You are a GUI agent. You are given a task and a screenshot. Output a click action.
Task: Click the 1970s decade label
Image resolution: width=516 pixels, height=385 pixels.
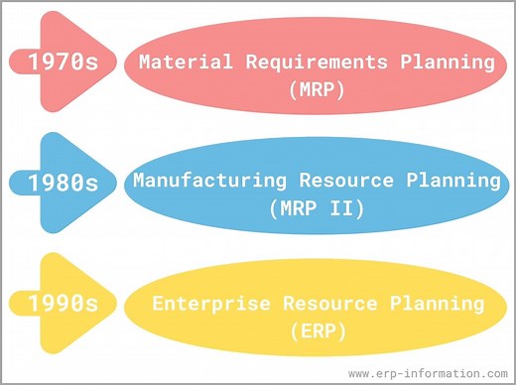pos(63,62)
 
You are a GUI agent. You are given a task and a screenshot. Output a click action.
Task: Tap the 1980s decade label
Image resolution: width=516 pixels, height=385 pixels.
pos(63,183)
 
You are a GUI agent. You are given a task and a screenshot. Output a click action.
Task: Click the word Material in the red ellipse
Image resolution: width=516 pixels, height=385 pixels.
pos(176,62)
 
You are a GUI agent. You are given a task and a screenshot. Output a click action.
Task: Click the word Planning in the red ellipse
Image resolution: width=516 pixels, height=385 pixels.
pos(446,62)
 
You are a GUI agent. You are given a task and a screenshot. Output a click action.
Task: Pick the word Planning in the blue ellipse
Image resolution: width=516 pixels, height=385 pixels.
pos(450,182)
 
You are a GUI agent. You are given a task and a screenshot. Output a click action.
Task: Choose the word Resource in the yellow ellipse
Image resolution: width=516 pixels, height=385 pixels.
pos(335,303)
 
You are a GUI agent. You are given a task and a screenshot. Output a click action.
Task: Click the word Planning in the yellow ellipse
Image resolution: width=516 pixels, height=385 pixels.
pos(444,303)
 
